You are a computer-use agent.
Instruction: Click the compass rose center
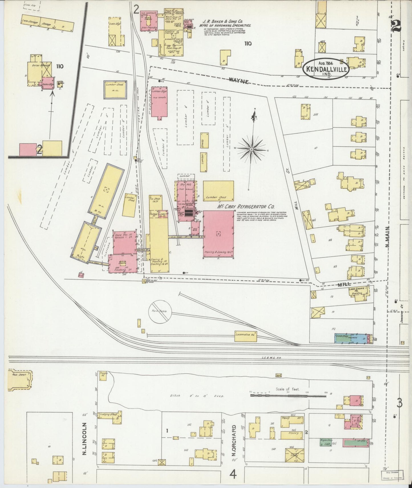pos(252,149)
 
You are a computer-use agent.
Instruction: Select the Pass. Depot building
pos(20,380)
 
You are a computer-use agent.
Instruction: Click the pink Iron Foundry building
pos(149,23)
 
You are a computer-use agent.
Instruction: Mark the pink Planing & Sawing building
pos(219,234)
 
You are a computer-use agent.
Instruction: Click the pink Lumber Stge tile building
pos(159,102)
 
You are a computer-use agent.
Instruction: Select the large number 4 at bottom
pos(233,475)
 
